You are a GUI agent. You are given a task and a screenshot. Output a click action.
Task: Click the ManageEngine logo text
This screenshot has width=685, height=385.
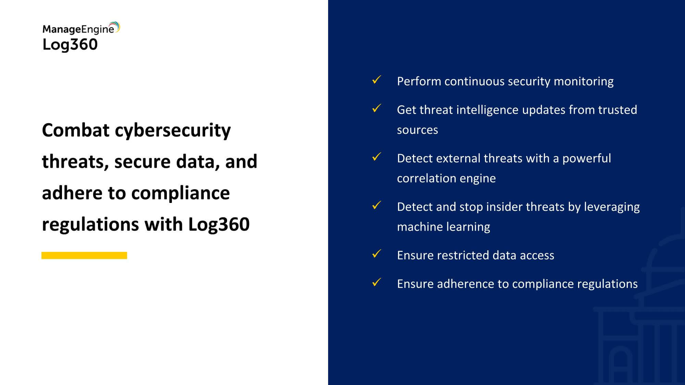(78, 29)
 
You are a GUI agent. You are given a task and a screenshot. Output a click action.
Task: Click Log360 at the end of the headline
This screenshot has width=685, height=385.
(219, 224)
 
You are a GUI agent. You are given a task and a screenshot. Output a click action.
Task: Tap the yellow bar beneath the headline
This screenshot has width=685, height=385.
(84, 255)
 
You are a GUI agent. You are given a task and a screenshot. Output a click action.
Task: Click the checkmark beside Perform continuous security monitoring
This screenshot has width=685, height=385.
(376, 80)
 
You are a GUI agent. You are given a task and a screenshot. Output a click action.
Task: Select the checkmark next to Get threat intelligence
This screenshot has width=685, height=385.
(376, 108)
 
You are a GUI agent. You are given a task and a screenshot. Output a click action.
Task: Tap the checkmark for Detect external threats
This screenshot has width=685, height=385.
(376, 157)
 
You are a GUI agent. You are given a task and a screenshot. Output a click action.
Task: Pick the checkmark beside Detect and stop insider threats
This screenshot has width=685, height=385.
(376, 205)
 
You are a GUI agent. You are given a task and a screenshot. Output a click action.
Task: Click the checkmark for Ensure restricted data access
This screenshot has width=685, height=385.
(376, 254)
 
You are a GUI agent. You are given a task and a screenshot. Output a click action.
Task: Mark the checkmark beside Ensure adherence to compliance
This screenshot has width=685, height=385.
(376, 282)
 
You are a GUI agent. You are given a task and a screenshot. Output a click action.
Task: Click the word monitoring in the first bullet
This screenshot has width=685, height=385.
(584, 82)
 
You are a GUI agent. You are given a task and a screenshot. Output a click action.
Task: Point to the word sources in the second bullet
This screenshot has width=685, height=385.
(418, 130)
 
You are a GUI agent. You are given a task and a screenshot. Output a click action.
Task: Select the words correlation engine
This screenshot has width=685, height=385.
(446, 179)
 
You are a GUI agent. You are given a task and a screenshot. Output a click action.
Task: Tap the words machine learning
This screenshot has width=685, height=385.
(444, 227)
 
